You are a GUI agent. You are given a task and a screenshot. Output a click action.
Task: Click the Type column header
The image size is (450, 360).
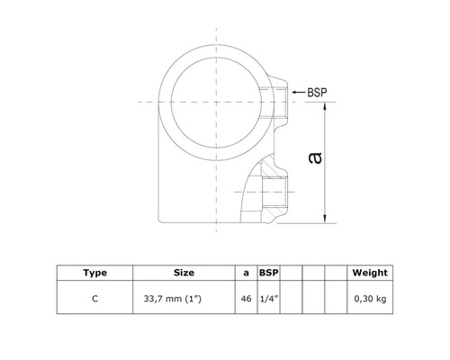(x=94, y=271)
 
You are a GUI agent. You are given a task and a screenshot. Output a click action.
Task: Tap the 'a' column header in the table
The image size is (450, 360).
(x=247, y=271)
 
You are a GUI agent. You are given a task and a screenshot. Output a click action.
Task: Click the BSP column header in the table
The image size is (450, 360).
(x=269, y=271)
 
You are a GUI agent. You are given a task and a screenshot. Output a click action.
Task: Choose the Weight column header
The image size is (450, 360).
(x=370, y=271)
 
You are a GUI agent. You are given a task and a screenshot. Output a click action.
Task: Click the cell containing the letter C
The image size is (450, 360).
(x=94, y=294)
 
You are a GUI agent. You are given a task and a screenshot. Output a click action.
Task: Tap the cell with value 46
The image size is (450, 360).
(x=247, y=294)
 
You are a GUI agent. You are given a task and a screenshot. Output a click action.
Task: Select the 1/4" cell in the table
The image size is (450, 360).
(x=269, y=294)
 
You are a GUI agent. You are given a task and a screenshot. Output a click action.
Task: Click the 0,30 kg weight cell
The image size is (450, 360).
(x=370, y=294)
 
